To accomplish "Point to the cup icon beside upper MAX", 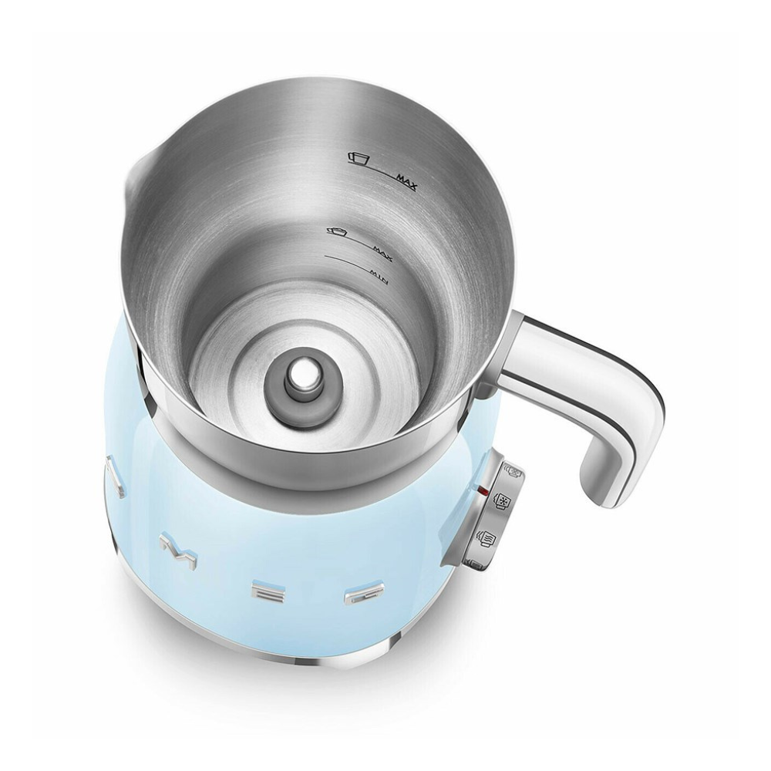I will point(359,158).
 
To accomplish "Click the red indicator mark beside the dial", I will point(483,489).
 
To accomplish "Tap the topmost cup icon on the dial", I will point(510,470).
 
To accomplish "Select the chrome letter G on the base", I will point(359,596).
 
